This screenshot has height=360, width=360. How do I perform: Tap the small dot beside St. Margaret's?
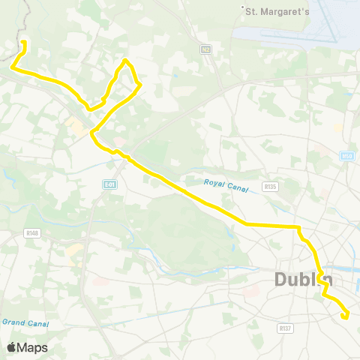[243, 10]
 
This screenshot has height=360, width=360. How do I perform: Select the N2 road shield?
[205, 49]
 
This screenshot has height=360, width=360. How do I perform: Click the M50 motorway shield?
[346, 156]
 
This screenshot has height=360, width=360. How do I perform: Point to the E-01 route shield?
[110, 184]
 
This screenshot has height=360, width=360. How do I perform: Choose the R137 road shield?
[284, 328]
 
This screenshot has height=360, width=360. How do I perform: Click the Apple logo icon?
[12, 347]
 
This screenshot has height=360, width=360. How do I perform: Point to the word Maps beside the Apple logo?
[33, 347]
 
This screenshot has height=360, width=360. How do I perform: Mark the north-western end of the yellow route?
[23, 42]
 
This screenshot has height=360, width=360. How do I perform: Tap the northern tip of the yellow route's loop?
[125, 60]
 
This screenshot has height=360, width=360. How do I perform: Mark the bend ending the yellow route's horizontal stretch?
[298, 226]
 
